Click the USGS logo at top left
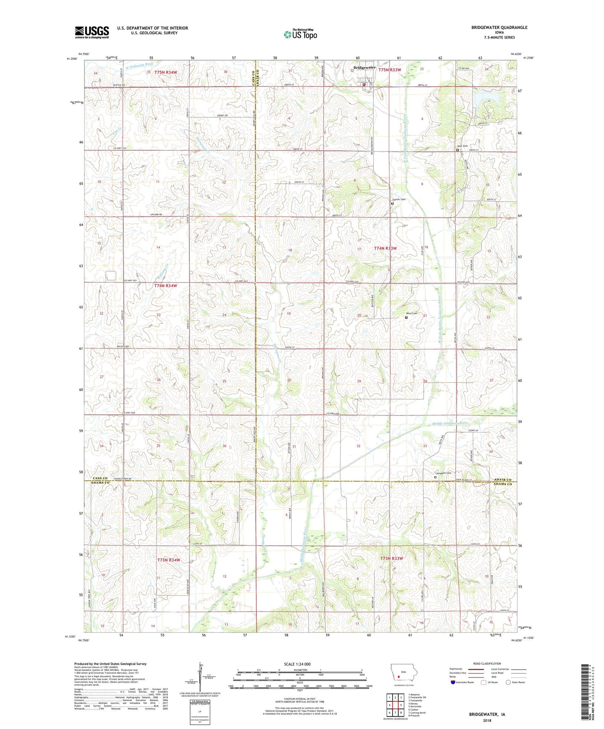(x=92, y=32)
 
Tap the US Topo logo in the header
(x=300, y=34)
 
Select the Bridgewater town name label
(x=364, y=68)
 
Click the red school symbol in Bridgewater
(x=364, y=85)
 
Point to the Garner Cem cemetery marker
(x=392, y=204)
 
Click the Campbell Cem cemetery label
(x=444, y=473)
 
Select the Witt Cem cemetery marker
(x=457, y=150)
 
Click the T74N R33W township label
(x=385, y=248)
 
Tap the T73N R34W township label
(x=168, y=560)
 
